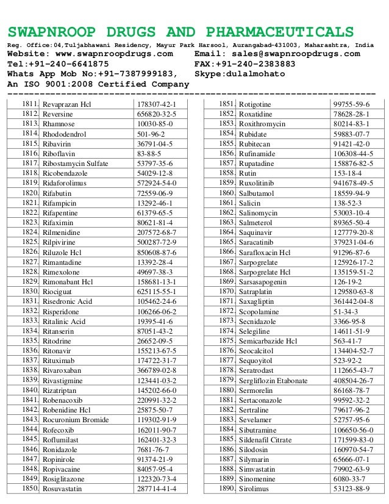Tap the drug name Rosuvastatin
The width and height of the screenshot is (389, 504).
[x=65, y=489]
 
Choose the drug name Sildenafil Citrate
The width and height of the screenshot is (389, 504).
[x=266, y=440]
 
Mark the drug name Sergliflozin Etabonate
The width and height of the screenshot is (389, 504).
[x=273, y=381]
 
